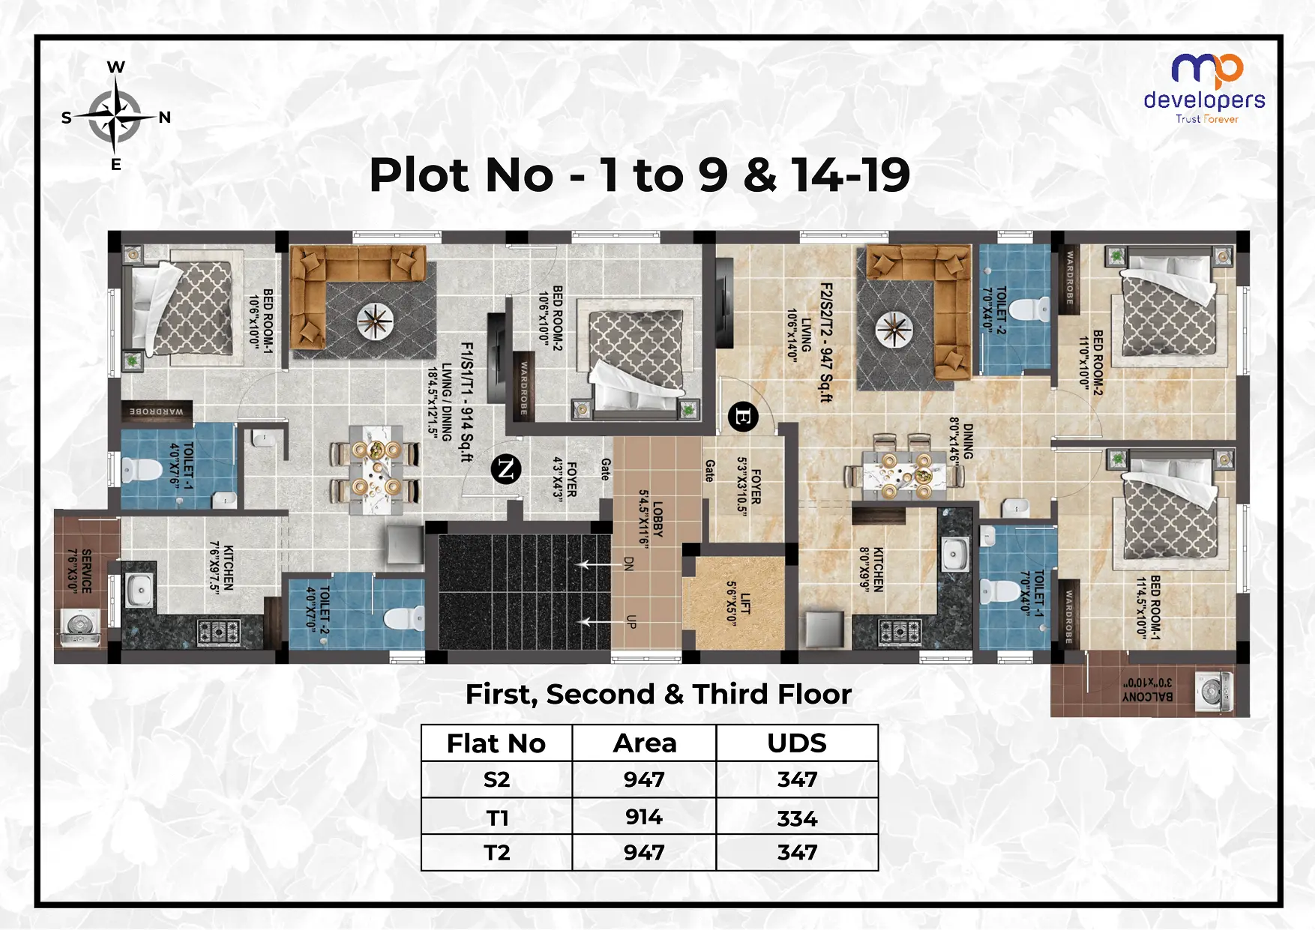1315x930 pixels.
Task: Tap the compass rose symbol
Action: pyautogui.click(x=115, y=117)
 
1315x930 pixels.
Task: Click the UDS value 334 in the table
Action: pyautogui.click(x=797, y=818)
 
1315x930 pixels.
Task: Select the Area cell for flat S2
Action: pyautogui.click(x=644, y=779)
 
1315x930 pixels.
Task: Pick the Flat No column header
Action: pyautogui.click(x=496, y=743)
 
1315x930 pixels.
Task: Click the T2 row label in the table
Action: pyautogui.click(x=496, y=853)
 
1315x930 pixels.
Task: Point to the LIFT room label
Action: pyautogui.click(x=738, y=600)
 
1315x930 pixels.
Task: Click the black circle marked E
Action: pyautogui.click(x=743, y=417)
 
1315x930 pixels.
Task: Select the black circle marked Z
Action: pyautogui.click(x=506, y=470)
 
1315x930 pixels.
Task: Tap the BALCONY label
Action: pyautogui.click(x=1147, y=690)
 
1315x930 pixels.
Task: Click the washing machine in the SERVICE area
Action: pyautogui.click(x=80, y=626)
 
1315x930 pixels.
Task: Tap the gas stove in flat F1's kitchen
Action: pyautogui.click(x=219, y=632)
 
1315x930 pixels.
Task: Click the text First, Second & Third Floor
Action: pyautogui.click(x=658, y=694)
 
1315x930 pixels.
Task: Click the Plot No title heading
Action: pyautogui.click(x=640, y=175)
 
